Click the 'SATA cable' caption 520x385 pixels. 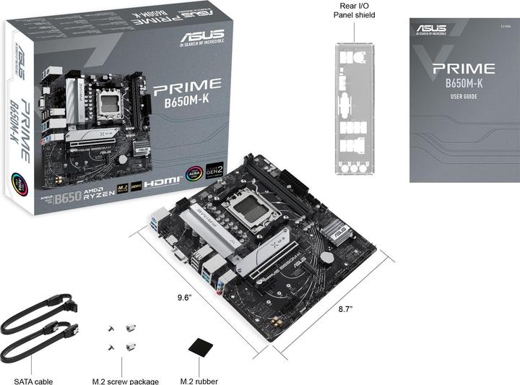(28, 381)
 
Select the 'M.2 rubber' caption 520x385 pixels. (199, 381)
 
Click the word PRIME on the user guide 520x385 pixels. (464, 69)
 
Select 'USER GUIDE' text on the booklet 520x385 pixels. (464, 96)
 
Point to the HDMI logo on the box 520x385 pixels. (160, 183)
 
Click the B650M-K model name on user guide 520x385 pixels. (464, 84)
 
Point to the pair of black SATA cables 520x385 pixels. (40, 329)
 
